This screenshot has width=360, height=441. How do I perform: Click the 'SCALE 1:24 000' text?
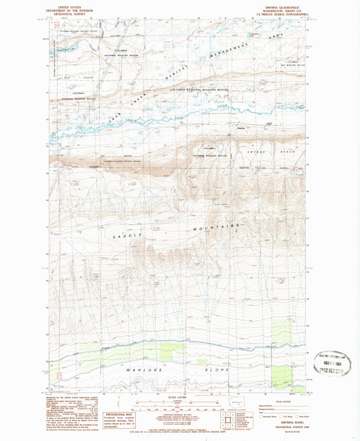(x=179, y=396)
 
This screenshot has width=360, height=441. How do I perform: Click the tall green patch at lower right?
(x=279, y=336)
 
